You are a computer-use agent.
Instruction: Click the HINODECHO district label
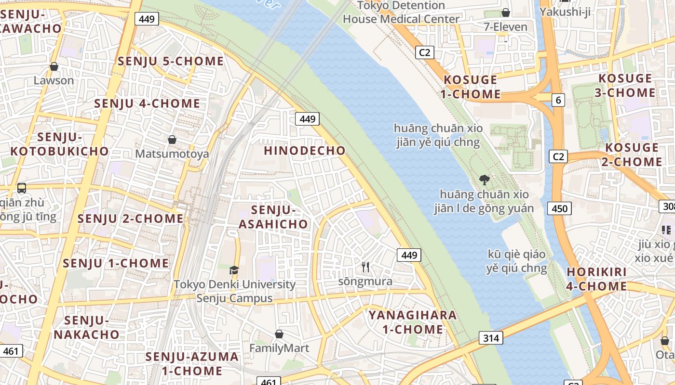[305, 151]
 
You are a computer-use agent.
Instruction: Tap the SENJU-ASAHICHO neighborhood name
[273, 217]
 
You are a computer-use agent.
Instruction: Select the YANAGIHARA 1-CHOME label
[413, 322]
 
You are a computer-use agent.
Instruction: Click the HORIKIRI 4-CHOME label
[597, 279]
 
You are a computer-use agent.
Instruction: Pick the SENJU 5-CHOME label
[171, 62]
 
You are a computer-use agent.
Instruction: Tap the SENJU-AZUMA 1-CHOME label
[192, 364]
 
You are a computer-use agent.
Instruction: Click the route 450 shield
[559, 208]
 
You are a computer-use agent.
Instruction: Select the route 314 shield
[491, 338]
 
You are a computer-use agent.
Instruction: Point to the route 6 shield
[558, 100]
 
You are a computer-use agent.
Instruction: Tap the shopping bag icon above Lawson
[54, 66]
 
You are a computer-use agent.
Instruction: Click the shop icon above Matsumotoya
[172, 140]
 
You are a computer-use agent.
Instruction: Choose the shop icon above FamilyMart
[279, 334]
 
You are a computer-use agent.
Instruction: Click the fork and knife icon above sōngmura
[365, 267]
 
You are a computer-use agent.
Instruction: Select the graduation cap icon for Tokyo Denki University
[234, 270]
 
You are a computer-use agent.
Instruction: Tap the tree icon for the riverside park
[485, 180]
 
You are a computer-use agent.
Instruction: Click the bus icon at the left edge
[22, 188]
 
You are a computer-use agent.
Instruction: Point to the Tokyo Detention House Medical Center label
[401, 13]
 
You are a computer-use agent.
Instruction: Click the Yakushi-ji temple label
[565, 11]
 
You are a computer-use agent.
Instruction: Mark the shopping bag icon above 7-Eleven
[506, 13]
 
